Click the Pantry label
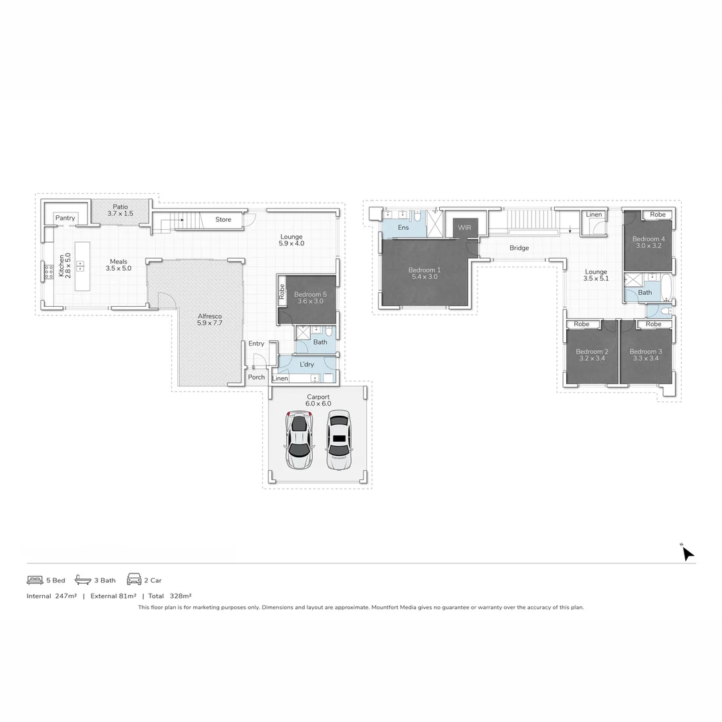[65, 218]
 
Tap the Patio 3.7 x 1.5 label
[120, 210]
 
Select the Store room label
[223, 219]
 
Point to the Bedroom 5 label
[310, 297]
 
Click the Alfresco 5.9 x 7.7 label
[209, 320]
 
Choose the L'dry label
[307, 364]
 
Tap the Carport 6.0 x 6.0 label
[318, 400]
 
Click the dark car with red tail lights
[299, 440]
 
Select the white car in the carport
[339, 439]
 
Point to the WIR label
[465, 228]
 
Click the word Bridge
[519, 248]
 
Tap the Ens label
[403, 228]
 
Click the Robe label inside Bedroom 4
[658, 215]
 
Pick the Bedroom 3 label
[646, 355]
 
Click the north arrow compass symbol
[687, 553]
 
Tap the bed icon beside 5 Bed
[35, 580]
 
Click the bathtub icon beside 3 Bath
[83, 580]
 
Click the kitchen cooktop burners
[49, 271]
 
